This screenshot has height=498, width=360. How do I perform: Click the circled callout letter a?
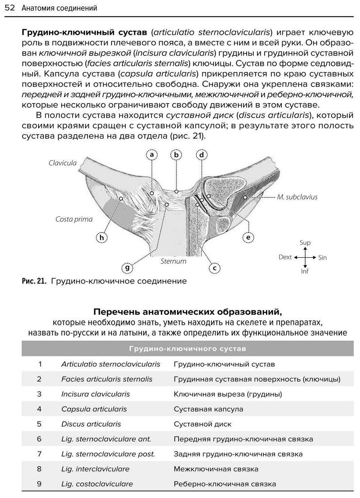tap(152, 155)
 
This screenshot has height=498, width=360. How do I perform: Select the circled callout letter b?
tap(176, 155)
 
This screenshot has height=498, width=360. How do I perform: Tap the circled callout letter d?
tap(202, 155)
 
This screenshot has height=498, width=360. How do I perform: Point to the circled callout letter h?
tap(101, 237)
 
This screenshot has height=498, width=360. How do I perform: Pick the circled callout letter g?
tap(127, 267)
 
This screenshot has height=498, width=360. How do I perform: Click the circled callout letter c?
tap(214, 268)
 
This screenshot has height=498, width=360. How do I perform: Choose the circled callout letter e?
tap(248, 237)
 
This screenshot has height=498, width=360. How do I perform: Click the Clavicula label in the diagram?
tap(62, 163)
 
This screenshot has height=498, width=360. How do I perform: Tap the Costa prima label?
tap(74, 219)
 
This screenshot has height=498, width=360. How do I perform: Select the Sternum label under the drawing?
tap(173, 261)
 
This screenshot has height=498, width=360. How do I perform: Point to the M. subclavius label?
tap(297, 197)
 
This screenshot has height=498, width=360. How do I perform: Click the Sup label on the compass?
tap(305, 243)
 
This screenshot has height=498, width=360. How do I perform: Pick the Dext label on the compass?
tap(285, 257)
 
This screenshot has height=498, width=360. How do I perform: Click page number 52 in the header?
tap(10, 8)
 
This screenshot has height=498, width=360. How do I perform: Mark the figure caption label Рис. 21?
tap(34, 281)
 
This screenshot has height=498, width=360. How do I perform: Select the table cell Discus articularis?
tap(91, 424)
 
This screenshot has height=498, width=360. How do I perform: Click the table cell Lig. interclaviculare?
tap(95, 469)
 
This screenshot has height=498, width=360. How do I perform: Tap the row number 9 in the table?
tap(39, 484)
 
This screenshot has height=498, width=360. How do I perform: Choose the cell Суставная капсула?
tap(208, 409)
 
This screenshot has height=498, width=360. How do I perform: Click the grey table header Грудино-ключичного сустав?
tap(187, 349)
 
